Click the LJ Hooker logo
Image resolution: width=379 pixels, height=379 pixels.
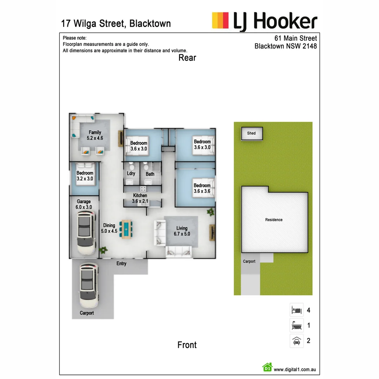tap(265, 21)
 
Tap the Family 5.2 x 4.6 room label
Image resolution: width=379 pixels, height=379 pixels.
tap(95, 135)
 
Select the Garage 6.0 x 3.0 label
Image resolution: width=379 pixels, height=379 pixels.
tap(84, 204)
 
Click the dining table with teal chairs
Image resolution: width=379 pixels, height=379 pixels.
tap(126, 229)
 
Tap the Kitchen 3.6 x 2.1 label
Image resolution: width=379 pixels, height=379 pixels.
tap(140, 198)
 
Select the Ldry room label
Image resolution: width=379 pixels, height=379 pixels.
tap(131, 174)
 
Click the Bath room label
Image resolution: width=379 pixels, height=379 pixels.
tap(150, 174)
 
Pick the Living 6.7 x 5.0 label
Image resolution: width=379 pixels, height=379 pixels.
tap(182, 231)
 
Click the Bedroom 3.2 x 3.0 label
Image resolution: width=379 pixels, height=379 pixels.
tap(85, 176)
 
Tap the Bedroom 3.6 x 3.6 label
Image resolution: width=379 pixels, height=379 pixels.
tap(202, 188)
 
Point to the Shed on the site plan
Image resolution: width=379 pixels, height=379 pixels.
tap(252, 133)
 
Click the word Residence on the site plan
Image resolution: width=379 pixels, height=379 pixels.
tap(274, 220)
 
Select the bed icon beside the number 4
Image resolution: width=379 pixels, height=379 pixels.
tap(297, 310)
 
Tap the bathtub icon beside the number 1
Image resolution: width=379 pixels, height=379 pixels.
tap(297, 325)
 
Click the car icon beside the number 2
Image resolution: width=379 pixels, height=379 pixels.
tap(297, 341)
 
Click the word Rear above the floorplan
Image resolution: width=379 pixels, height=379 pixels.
tap(187, 58)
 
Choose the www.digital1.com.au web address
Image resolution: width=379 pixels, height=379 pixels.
tap(295, 369)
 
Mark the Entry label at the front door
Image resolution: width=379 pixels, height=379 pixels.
tap(121, 264)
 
